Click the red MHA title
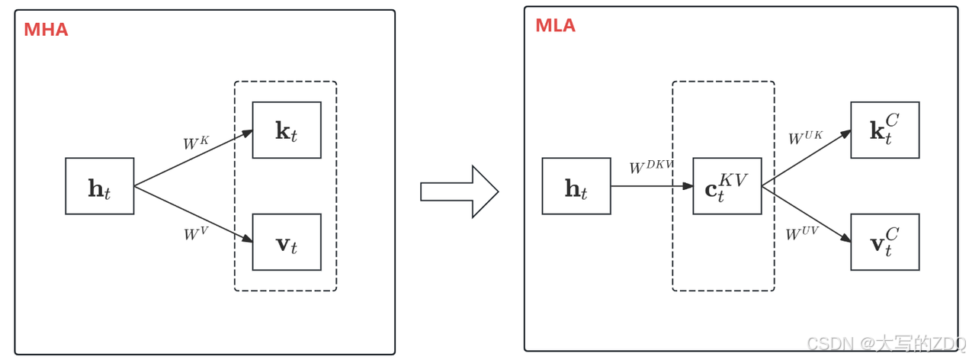(46, 30)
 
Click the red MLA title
(555, 25)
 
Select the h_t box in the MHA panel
(100, 186)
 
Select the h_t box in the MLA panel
(576, 186)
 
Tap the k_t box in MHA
(287, 130)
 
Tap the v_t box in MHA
(287, 242)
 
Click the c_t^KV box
(727, 186)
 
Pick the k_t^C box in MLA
(884, 130)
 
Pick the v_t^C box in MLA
(884, 242)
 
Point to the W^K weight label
(195, 143)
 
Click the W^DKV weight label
(650, 167)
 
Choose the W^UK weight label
(805, 138)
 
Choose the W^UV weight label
(802, 233)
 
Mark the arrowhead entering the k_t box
(247, 133)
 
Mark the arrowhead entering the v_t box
(247, 239)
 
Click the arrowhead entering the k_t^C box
(845, 133)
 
